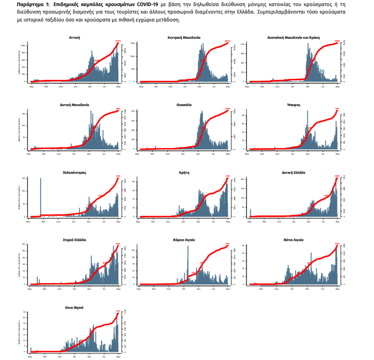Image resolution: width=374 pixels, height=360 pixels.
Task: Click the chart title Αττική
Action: [x=74, y=37]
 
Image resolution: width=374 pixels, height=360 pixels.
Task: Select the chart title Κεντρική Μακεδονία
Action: [x=184, y=37]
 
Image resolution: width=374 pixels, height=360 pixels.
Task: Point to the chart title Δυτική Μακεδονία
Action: [x=74, y=105]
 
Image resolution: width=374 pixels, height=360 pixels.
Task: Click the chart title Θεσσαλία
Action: [x=184, y=105]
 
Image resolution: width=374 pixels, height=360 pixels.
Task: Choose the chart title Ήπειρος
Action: [x=294, y=105]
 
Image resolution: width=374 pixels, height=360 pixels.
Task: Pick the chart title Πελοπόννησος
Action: [x=74, y=172]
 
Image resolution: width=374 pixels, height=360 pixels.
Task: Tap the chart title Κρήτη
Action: [x=184, y=172]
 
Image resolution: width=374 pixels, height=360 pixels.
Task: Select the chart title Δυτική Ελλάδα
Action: [x=294, y=172]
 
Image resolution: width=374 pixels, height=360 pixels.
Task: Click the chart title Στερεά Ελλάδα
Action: [x=74, y=240]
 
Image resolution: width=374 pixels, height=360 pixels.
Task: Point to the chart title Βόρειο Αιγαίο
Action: [x=184, y=240]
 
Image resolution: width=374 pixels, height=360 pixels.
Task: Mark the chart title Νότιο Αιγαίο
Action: [x=294, y=240]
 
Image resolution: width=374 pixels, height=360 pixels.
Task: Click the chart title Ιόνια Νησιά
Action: [x=74, y=308]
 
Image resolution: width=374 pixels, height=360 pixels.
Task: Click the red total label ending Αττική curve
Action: [x=118, y=41]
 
